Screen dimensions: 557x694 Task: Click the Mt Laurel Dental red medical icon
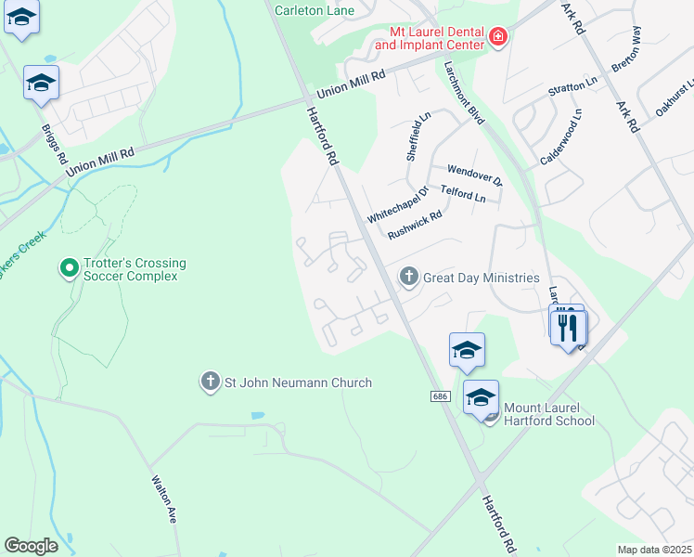pyautogui.click(x=498, y=37)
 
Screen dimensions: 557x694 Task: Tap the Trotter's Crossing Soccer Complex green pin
pyautogui.click(x=68, y=269)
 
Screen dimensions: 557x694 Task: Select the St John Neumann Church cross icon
pyautogui.click(x=211, y=382)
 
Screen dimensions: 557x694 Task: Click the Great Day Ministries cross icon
pyautogui.click(x=408, y=277)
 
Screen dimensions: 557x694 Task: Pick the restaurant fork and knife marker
pyautogui.click(x=568, y=328)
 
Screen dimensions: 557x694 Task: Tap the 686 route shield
pyautogui.click(x=442, y=396)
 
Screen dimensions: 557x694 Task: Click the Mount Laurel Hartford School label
pyautogui.click(x=548, y=413)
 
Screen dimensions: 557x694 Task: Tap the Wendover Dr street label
pyautogui.click(x=474, y=175)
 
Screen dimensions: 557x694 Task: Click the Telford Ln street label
pyautogui.click(x=463, y=195)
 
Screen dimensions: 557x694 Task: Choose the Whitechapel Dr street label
pyautogui.click(x=397, y=205)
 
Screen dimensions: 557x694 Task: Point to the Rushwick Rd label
pyautogui.click(x=415, y=224)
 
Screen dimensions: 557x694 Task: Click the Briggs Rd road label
pyautogui.click(x=55, y=145)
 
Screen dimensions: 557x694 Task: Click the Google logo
pyautogui.click(x=31, y=546)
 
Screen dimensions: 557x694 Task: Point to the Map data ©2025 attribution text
pyautogui.click(x=654, y=550)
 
